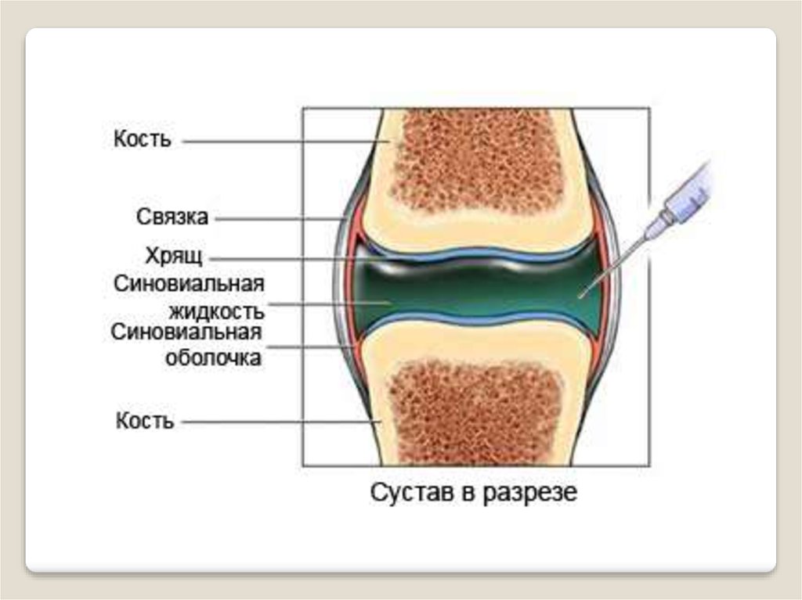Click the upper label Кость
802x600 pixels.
(x=142, y=141)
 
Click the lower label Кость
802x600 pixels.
(x=144, y=422)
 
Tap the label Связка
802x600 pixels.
(x=172, y=217)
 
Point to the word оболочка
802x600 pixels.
(x=213, y=358)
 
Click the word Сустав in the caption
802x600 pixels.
(x=409, y=494)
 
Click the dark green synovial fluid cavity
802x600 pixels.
(x=470, y=289)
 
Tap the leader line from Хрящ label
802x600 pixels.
(x=282, y=257)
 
